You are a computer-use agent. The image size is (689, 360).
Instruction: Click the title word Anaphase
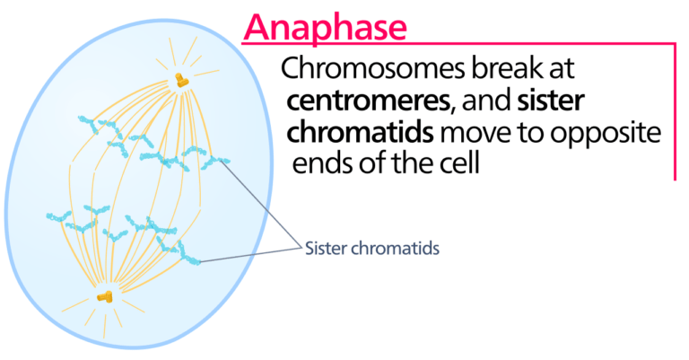pyautogui.click(x=324, y=27)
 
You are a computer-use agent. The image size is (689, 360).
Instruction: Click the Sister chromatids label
pyautogui.click(x=371, y=248)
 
